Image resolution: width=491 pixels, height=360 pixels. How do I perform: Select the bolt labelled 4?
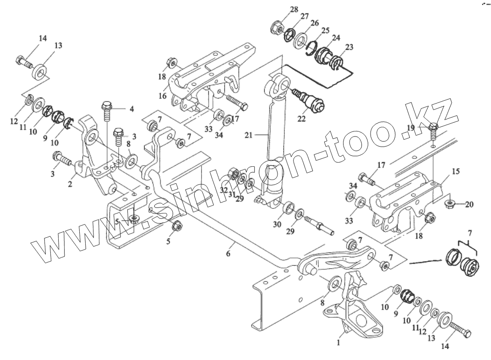106,110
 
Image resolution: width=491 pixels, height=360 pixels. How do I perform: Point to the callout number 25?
325,30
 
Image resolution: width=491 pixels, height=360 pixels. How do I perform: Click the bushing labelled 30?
289,209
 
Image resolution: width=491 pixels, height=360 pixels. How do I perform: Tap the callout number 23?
349,47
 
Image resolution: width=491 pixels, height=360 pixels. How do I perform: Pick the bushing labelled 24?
326,57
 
